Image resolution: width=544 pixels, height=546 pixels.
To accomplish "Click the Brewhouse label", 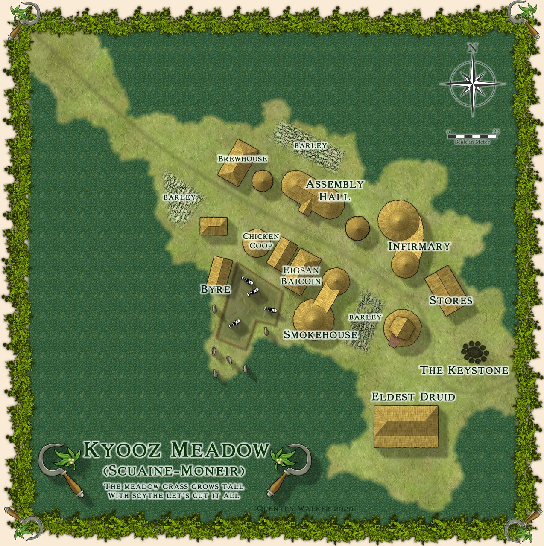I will (x=243, y=159).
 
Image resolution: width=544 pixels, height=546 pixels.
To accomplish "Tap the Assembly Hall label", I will (x=335, y=190).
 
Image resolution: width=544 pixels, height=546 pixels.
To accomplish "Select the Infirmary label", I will (x=419, y=246).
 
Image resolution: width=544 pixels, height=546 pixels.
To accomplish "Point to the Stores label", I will (x=451, y=301).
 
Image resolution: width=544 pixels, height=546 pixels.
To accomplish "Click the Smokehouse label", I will (x=320, y=335).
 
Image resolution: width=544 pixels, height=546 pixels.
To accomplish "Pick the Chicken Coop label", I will (x=261, y=241).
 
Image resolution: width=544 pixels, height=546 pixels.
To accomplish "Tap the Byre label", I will (x=216, y=289).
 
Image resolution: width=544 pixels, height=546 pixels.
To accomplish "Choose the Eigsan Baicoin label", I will (x=301, y=276).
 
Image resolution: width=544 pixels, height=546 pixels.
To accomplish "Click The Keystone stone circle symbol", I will (x=474, y=350).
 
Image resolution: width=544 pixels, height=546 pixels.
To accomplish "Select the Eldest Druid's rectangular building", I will (x=406, y=426).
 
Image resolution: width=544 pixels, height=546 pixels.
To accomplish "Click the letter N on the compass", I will (x=473, y=48).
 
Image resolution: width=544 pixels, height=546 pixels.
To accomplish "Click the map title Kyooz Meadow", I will (x=176, y=450).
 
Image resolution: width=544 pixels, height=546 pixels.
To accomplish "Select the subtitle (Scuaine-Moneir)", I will (x=174, y=471).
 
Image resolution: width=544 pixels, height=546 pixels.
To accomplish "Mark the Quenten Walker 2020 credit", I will (x=305, y=508).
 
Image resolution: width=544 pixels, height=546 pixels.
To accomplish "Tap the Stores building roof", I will (x=445, y=290).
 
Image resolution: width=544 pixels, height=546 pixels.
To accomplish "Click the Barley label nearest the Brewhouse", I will (x=310, y=146).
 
